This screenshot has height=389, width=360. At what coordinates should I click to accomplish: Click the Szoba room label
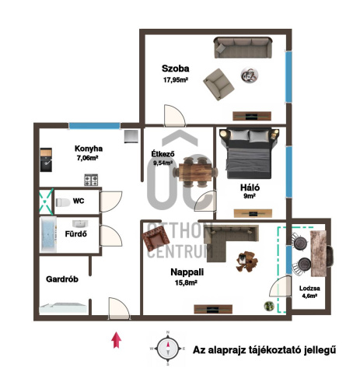(175, 68)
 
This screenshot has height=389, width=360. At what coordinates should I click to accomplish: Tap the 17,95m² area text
(176, 80)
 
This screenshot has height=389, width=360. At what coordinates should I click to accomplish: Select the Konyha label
(89, 149)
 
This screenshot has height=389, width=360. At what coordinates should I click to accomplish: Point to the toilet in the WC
(63, 202)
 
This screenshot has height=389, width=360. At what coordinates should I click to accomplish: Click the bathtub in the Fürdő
(48, 235)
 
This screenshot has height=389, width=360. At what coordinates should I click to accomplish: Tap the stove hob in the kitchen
(91, 180)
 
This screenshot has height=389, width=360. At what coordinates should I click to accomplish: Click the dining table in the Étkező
(195, 172)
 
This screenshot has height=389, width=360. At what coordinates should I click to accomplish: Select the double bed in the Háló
(249, 153)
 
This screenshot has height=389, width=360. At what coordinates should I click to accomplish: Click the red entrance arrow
(117, 340)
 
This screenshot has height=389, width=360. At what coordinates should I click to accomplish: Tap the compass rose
(168, 349)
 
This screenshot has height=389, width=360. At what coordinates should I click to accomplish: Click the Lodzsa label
(309, 288)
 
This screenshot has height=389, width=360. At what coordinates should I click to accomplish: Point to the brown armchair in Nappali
(156, 238)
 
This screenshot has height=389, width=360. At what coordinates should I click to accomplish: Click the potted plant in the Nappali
(269, 306)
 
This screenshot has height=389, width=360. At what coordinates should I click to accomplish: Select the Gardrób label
(62, 279)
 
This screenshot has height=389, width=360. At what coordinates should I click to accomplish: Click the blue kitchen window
(94, 126)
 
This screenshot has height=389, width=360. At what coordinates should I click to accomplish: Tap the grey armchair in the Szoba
(218, 84)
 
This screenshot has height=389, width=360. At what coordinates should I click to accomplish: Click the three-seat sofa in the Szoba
(243, 47)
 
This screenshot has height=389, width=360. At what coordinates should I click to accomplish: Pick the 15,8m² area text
(186, 282)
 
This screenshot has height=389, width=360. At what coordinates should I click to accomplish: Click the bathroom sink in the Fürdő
(80, 223)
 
